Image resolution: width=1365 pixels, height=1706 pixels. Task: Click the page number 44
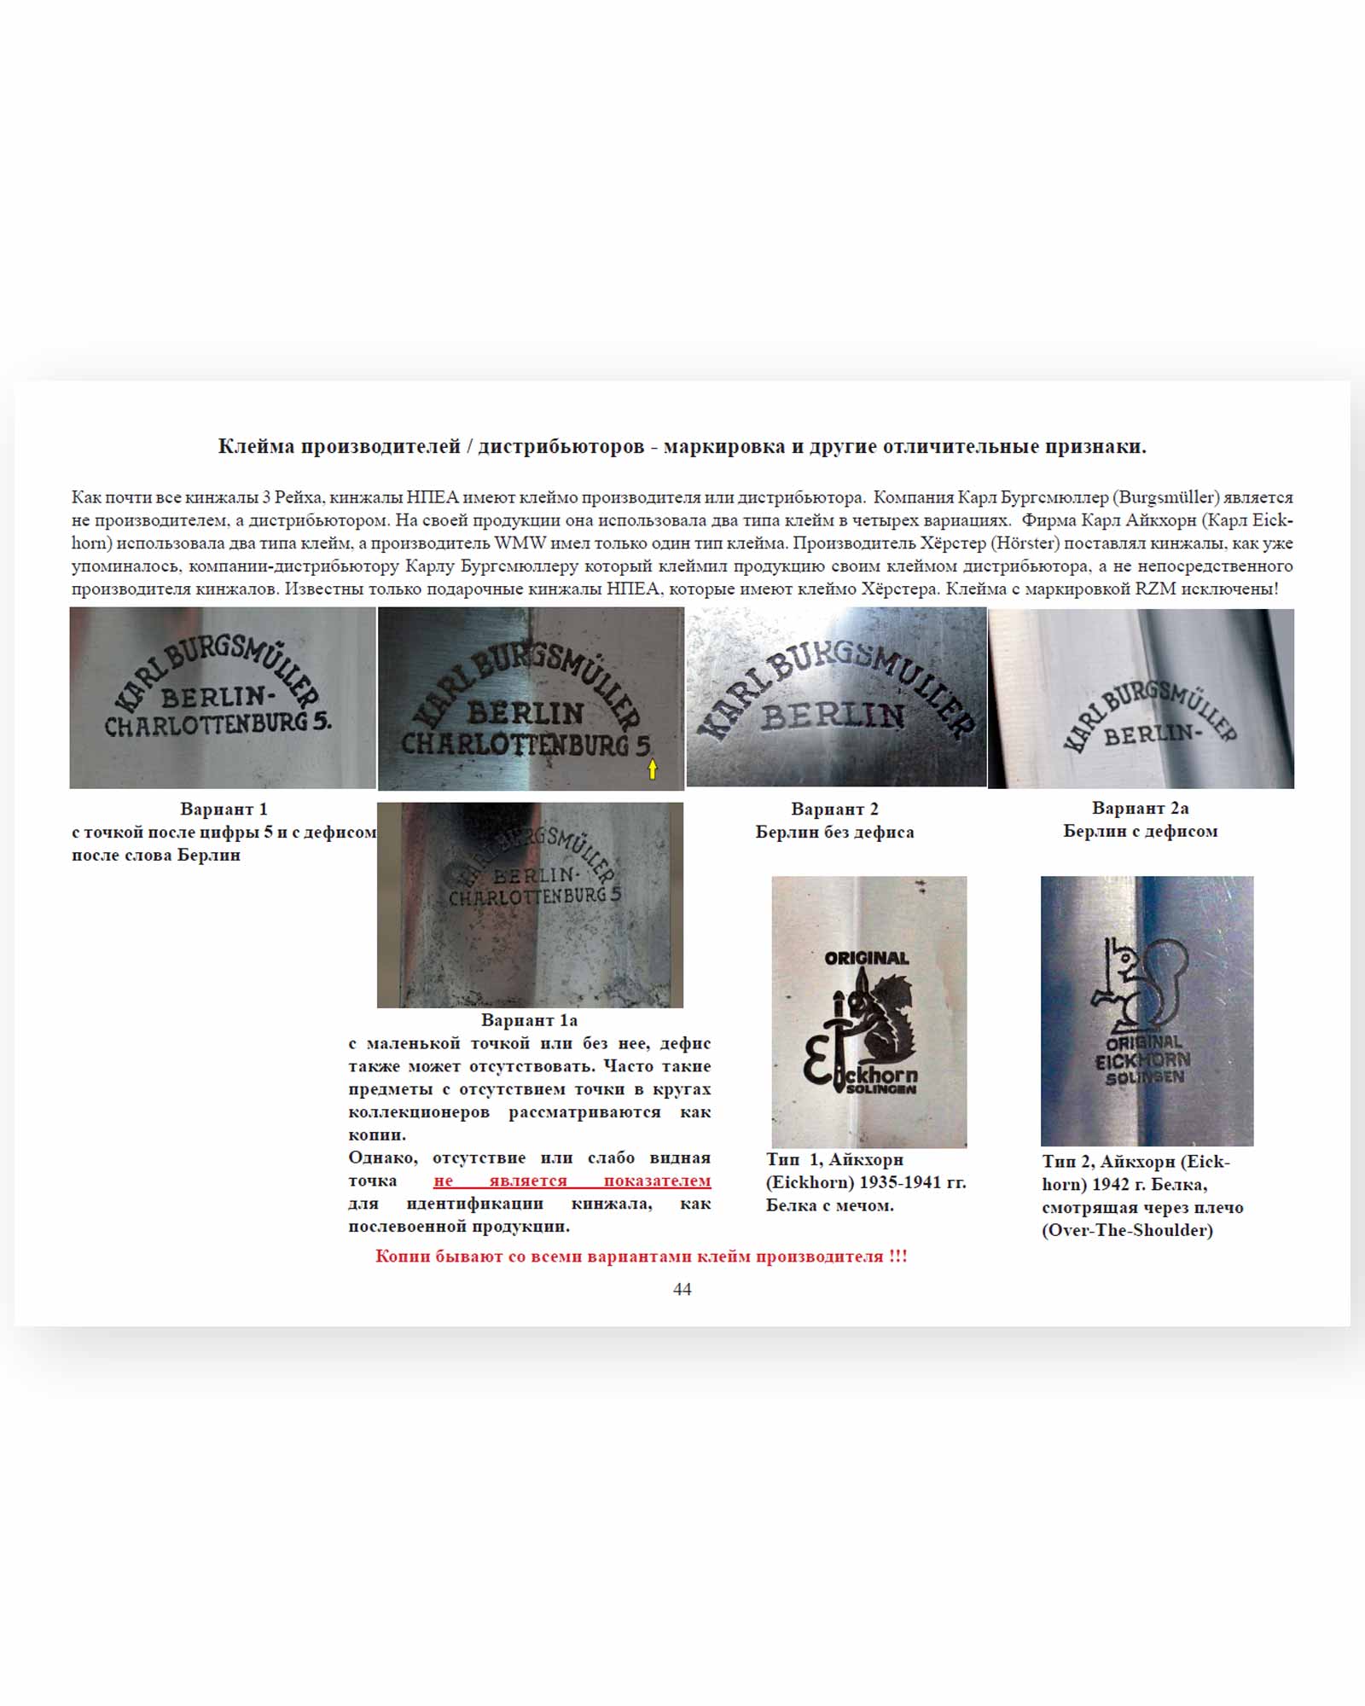click(x=682, y=1289)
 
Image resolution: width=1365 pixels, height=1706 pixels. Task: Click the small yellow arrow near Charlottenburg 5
click(x=653, y=769)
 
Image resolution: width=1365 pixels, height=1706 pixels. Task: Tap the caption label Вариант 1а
click(x=529, y=1020)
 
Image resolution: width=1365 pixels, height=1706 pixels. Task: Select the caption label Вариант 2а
click(x=1140, y=808)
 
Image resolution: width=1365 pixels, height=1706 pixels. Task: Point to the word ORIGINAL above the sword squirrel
click(x=867, y=958)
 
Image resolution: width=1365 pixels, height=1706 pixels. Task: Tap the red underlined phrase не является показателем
click(x=572, y=1181)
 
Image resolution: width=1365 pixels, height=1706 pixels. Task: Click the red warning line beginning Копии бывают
click(x=641, y=1256)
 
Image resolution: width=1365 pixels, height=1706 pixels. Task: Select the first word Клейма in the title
click(x=254, y=446)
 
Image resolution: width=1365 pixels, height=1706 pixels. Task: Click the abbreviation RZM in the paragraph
click(x=1156, y=589)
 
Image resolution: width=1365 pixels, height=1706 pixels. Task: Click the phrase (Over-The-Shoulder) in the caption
click(x=1127, y=1230)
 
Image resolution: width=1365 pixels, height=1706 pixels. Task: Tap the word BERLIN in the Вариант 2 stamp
click(x=833, y=716)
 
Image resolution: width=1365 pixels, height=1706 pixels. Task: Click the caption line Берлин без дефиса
click(x=834, y=832)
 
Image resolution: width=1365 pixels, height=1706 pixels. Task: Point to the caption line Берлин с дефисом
click(x=1140, y=831)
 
